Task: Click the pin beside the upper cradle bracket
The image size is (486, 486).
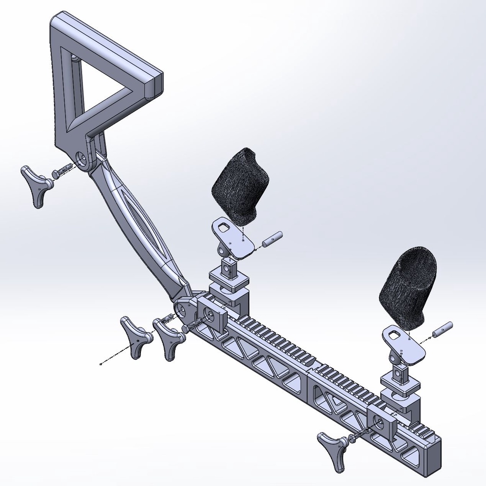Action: click(x=272, y=239)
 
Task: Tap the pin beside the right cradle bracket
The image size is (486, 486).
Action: click(x=442, y=329)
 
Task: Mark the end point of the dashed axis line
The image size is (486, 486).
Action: click(x=101, y=364)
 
